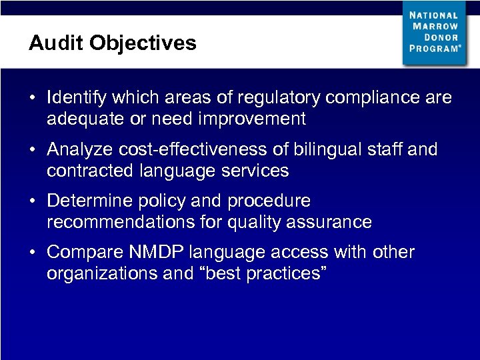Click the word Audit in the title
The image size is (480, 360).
click(56, 43)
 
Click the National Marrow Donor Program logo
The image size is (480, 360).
click(434, 33)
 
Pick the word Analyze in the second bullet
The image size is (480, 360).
click(79, 149)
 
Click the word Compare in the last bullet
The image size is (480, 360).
click(82, 253)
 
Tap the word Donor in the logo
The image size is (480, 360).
click(444, 37)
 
